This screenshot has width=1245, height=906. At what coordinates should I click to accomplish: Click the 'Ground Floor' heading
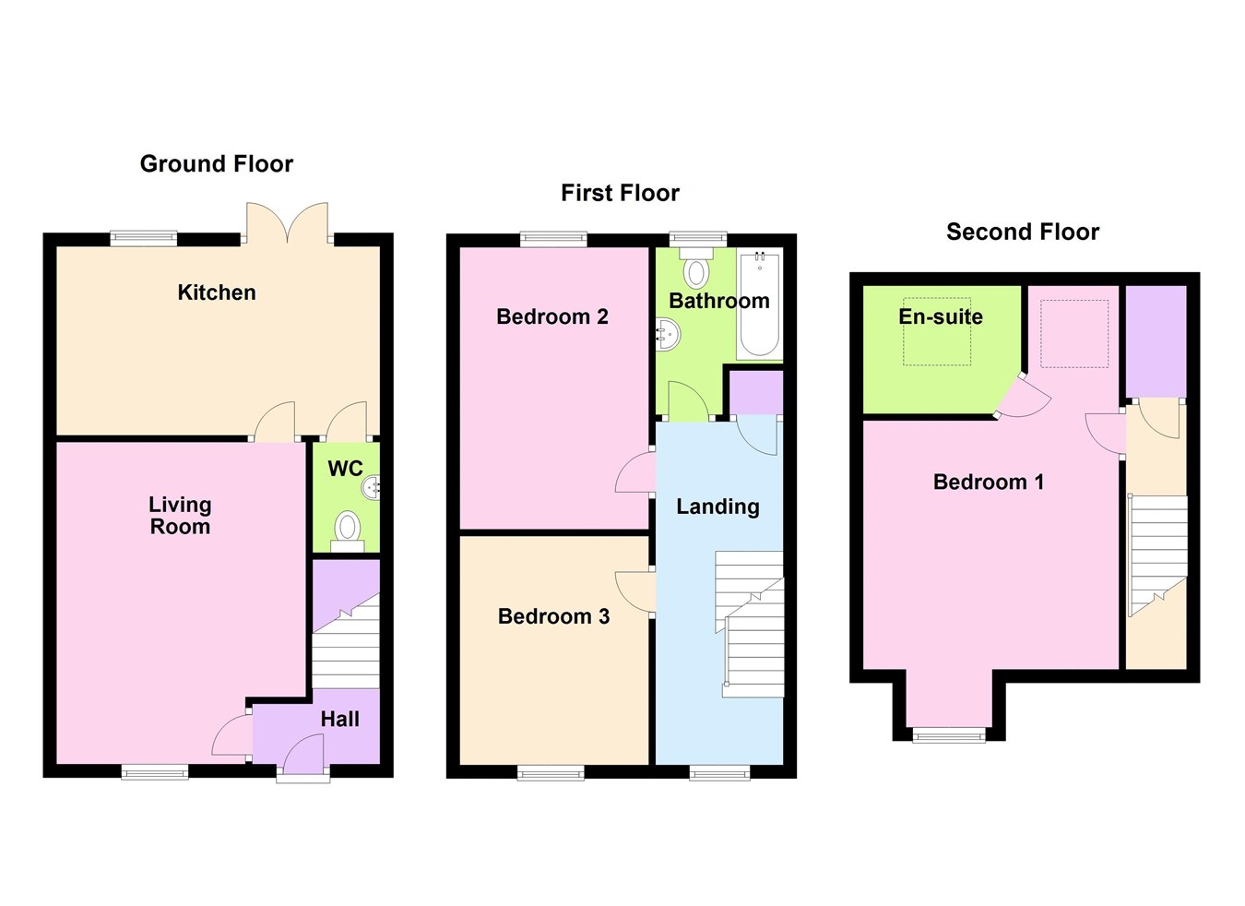pyautogui.click(x=216, y=164)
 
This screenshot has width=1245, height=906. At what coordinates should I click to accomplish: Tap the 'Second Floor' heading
pyautogui.click(x=1022, y=232)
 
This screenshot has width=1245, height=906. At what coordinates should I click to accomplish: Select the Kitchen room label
pyautogui.click(x=217, y=292)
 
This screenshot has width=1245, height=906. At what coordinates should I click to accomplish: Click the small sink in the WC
pyautogui.click(x=372, y=486)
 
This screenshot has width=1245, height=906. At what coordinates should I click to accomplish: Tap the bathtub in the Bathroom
pyautogui.click(x=759, y=304)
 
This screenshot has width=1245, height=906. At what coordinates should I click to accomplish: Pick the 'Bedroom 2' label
pyautogui.click(x=551, y=316)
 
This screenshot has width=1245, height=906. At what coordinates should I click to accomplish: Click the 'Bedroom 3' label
pyautogui.click(x=553, y=616)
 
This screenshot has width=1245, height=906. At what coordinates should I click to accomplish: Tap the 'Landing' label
pyautogui.click(x=717, y=507)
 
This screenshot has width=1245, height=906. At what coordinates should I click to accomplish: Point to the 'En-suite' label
pyautogui.click(x=940, y=316)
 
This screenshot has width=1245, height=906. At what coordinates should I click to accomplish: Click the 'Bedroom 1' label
pyautogui.click(x=988, y=482)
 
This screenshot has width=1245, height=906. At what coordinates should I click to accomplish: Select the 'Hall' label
pyautogui.click(x=339, y=719)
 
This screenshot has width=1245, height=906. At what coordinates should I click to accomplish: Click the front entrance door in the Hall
pyautogui.click(x=303, y=762)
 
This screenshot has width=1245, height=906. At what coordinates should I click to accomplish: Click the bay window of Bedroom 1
pyautogui.click(x=949, y=734)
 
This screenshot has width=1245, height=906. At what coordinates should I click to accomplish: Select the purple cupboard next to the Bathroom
pyautogui.click(x=755, y=393)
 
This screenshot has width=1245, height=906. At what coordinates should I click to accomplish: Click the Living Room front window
pyautogui.click(x=155, y=771)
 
